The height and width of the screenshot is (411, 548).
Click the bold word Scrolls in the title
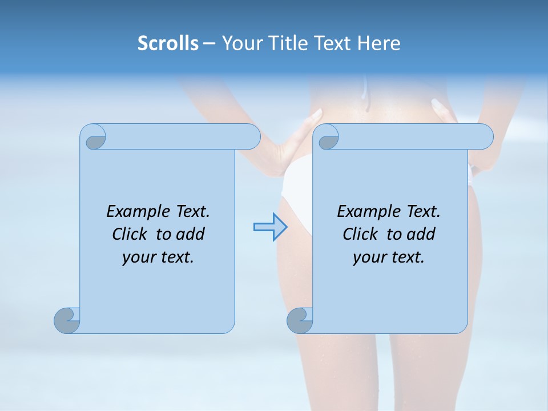[x=168, y=43]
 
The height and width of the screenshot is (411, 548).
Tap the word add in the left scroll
[x=190, y=234]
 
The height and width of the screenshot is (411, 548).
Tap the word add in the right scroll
[x=421, y=234]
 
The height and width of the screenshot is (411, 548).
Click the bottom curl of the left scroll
[x=66, y=321]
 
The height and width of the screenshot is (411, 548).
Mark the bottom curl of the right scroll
[x=299, y=321]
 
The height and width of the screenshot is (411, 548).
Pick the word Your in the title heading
[x=241, y=43]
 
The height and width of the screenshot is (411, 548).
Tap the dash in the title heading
[x=209, y=43]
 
